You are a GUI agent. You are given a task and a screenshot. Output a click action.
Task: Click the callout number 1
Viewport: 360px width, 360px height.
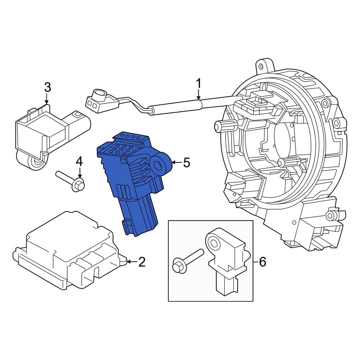[198, 84]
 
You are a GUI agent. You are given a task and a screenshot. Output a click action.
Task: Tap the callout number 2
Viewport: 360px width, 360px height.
[142, 262]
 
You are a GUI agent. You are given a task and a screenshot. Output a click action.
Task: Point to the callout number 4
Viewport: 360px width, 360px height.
[79, 162]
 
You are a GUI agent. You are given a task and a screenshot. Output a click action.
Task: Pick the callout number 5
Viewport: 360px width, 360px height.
[186, 163]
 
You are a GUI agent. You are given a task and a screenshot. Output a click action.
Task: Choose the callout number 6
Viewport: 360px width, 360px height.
[262, 262]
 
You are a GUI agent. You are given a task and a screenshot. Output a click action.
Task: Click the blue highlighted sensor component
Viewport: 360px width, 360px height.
[130, 180]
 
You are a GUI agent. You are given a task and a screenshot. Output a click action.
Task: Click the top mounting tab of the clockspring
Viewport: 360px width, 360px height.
[262, 66]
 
